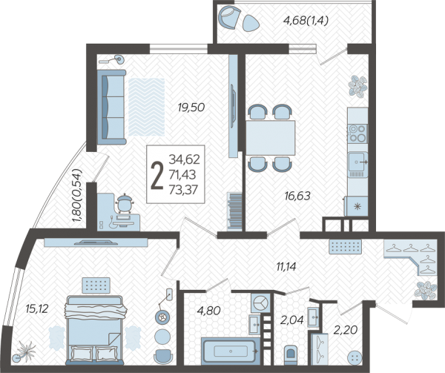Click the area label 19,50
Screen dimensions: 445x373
(191, 108)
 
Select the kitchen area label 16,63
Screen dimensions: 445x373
(297, 196)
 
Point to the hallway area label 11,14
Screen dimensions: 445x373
(286, 266)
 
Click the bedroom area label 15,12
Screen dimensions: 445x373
(37, 308)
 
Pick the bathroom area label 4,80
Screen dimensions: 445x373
(208, 311)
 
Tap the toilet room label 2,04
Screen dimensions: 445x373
(292, 320)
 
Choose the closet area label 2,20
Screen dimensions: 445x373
(345, 330)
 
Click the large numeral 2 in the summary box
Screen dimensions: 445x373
(157, 176)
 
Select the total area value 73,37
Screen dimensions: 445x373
(183, 190)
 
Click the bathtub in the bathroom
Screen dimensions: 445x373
(231, 351)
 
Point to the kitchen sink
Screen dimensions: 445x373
(357, 162)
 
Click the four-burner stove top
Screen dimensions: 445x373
(357, 133)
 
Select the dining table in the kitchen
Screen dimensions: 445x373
(271, 138)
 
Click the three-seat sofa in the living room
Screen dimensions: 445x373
(111, 108)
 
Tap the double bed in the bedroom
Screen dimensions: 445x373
(95, 330)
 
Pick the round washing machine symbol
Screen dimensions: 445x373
(258, 303)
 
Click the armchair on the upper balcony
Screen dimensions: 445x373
(230, 18)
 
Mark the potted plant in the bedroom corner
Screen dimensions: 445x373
(25, 351)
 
